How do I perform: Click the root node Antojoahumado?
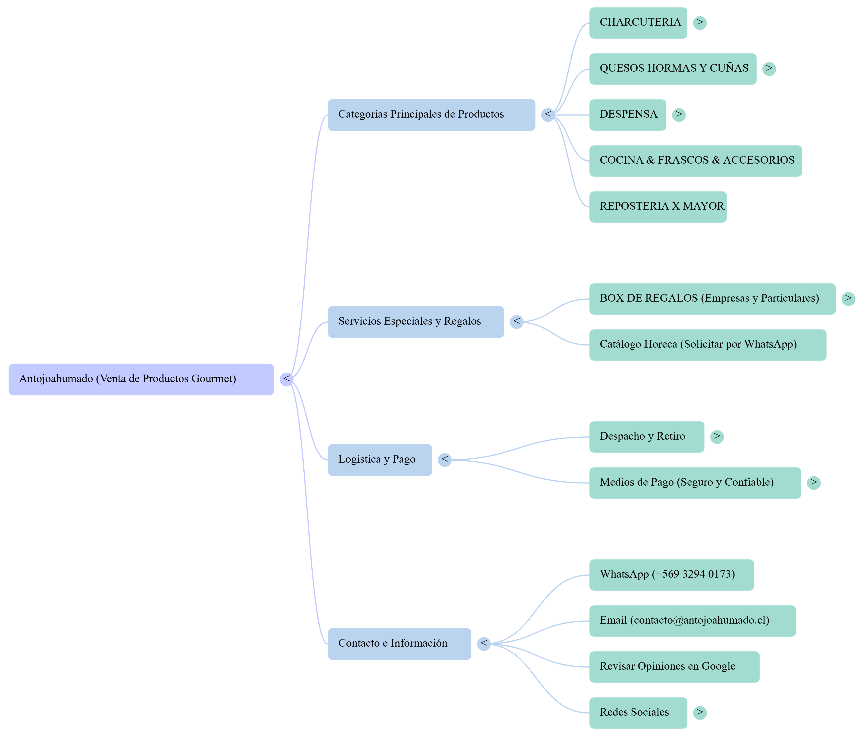click(x=141, y=379)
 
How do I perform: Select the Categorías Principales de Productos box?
click(x=431, y=115)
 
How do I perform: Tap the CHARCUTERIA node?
click(x=638, y=23)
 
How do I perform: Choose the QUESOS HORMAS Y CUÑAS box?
click(x=673, y=69)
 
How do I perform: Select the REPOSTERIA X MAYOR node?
click(x=658, y=207)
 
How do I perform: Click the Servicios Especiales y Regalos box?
click(x=416, y=322)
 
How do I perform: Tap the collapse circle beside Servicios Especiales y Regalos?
click(x=516, y=322)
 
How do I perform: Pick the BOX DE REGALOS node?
click(x=712, y=299)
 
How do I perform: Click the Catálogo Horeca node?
click(x=708, y=345)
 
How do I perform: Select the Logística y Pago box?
click(x=379, y=460)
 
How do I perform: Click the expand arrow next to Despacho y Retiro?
click(x=717, y=437)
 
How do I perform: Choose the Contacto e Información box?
click(x=399, y=644)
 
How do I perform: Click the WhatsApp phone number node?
click(x=671, y=575)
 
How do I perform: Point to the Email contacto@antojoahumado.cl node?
click(x=692, y=621)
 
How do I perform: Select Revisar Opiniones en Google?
click(x=674, y=666)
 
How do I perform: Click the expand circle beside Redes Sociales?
click(x=700, y=713)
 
